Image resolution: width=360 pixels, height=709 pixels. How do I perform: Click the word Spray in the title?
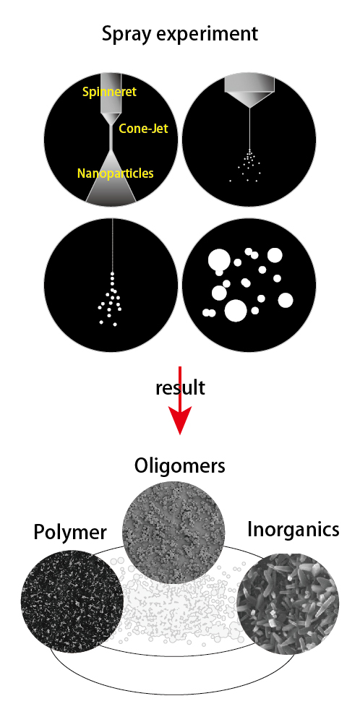pyautogui.click(x=124, y=35)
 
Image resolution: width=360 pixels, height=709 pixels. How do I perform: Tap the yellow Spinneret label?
pyautogui.click(x=109, y=92)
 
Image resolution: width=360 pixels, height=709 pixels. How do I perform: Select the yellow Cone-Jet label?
pyautogui.click(x=143, y=129)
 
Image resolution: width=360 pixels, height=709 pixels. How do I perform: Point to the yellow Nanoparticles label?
pyautogui.click(x=116, y=173)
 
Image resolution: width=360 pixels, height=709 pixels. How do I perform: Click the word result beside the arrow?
pyautogui.click(x=180, y=387)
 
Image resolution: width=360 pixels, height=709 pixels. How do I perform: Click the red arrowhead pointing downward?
pyautogui.click(x=180, y=420)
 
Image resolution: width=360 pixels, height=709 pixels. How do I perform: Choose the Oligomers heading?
pyautogui.click(x=179, y=466)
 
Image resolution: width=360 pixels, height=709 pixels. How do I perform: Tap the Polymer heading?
pyautogui.click(x=70, y=532)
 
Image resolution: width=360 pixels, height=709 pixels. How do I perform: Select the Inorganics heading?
pyautogui.click(x=293, y=530)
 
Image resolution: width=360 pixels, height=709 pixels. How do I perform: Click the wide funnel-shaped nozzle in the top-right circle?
pyautogui.click(x=249, y=90)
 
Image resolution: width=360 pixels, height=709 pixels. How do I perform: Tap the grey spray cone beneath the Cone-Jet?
pyautogui.click(x=111, y=176)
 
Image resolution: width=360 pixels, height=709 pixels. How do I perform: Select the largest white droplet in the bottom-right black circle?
pyautogui.click(x=236, y=310)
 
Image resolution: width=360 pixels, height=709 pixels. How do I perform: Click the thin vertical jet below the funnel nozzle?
pyautogui.click(x=249, y=129)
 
